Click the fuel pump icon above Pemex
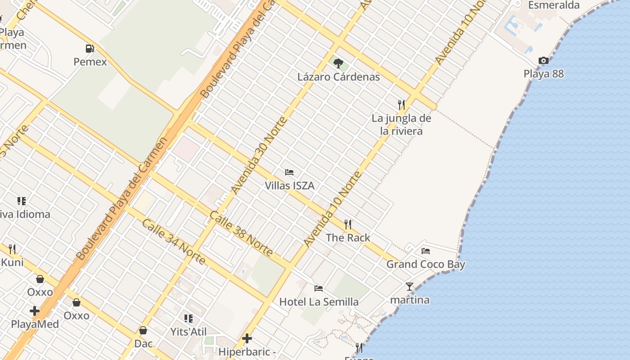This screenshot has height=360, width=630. (90, 48)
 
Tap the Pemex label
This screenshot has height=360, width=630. (90, 62)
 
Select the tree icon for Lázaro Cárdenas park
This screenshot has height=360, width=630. (338, 63)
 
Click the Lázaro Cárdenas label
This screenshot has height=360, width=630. (338, 76)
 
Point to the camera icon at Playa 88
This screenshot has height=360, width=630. (544, 60)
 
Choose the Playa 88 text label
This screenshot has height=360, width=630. (544, 74)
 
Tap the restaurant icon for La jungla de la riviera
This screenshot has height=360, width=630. (401, 105)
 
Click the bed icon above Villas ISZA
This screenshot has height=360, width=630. (289, 172)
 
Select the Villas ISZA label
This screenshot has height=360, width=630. (289, 185)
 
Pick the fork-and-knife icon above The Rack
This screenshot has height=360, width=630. (348, 224)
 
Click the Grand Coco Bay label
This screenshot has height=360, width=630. (426, 264)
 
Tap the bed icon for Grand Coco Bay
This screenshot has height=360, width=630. (426, 251)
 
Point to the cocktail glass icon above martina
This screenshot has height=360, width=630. (409, 286)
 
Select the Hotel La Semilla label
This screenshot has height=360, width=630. (319, 301)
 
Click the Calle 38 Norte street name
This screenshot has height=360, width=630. (241, 234)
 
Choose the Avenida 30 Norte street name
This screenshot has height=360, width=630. (258, 155)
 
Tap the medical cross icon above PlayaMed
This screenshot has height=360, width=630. (35, 311)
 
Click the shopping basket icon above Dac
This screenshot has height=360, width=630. (143, 330)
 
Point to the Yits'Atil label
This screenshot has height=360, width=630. (189, 332)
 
